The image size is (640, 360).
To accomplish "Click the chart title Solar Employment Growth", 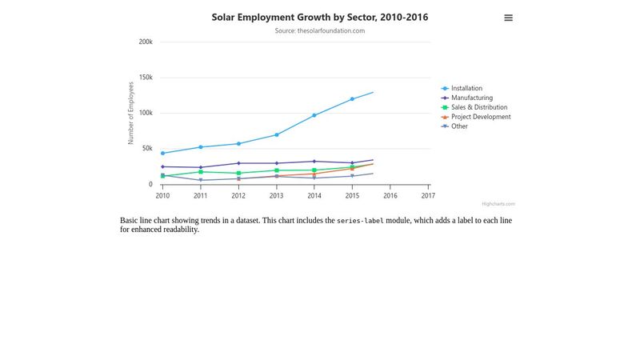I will pos(319,17).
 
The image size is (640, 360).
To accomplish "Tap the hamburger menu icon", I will pos(508,18).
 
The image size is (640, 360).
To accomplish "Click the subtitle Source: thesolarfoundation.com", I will pos(319,31).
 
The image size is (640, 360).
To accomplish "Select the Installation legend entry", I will pos(466,88).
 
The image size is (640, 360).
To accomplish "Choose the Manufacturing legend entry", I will pos(471,98).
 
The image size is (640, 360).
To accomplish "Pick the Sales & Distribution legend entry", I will pos(478,107).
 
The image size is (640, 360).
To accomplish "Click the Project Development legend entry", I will pos(480,117).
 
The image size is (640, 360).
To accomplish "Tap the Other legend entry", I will pos(459,126).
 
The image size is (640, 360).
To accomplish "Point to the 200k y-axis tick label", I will pos(146,42).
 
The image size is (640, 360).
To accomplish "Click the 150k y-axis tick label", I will pos(146,78).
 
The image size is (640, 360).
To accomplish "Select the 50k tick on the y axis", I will pos(147,149).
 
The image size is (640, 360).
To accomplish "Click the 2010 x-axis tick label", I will pos(162,195).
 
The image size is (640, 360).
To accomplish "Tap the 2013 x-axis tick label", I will pos(276,195).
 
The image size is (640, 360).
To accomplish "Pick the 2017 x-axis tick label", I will pos(428,195).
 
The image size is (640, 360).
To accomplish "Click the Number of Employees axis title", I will pos(131,113).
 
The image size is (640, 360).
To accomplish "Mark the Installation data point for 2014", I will pos(314,115).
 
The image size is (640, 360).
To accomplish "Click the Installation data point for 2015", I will pos(352,99).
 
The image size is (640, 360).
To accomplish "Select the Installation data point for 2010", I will pos(162,153).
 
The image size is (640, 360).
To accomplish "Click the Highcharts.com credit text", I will pos(498,204).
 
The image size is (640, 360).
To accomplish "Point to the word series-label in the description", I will pos(360,221).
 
